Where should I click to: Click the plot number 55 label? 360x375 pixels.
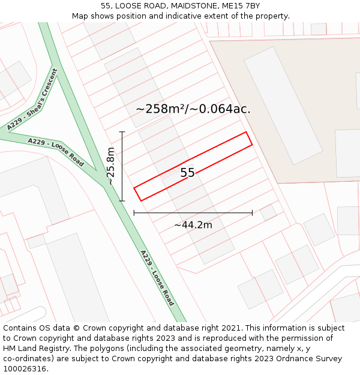pyautogui.click(x=187, y=173)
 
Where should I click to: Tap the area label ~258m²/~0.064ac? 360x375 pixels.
pyautogui.click(x=193, y=109)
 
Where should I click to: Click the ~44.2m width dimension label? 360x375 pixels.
pyautogui.click(x=193, y=225)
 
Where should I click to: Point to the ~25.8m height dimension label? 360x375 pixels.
pyautogui.click(x=110, y=166)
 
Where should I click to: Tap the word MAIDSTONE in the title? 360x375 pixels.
pyautogui.click(x=185, y=6)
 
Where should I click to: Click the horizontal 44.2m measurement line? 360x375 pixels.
pyautogui.click(x=193, y=212)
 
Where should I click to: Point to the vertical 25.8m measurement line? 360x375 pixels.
pyautogui.click(x=122, y=166)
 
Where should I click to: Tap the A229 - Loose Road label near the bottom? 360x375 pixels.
pyautogui.click(x=157, y=278)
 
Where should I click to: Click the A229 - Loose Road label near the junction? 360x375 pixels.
pyautogui.click(x=56, y=151)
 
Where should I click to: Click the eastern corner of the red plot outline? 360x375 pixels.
pyautogui.click(x=251, y=144)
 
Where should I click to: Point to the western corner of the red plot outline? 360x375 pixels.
pyautogui.click(x=134, y=188)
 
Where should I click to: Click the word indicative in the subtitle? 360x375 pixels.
pyautogui.click(x=197, y=16)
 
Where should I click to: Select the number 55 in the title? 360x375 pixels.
pyautogui.click(x=106, y=6)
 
